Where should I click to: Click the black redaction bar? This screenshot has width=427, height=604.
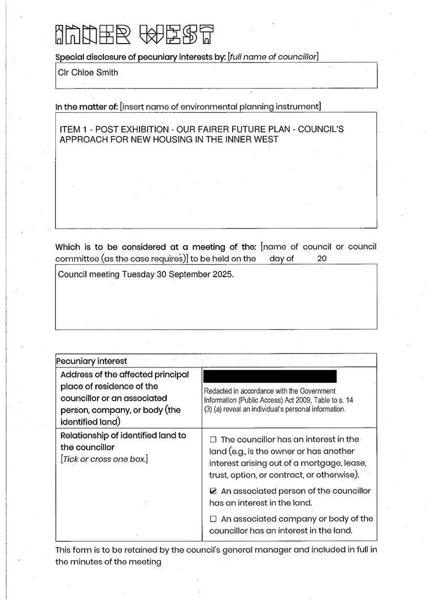[x=269, y=377]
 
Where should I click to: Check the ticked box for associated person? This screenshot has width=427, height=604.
[x=213, y=491]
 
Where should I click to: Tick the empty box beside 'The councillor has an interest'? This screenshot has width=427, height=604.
[x=213, y=440]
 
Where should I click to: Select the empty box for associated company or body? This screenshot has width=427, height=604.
[x=213, y=519]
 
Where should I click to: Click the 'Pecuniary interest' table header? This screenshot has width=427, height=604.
[x=91, y=361]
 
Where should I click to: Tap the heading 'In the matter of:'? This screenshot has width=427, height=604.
[x=86, y=106]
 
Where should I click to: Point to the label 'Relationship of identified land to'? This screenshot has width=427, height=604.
[x=123, y=435]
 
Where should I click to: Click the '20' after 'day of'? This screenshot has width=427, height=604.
[x=322, y=259]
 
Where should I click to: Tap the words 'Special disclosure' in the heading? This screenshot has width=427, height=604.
[x=86, y=56]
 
